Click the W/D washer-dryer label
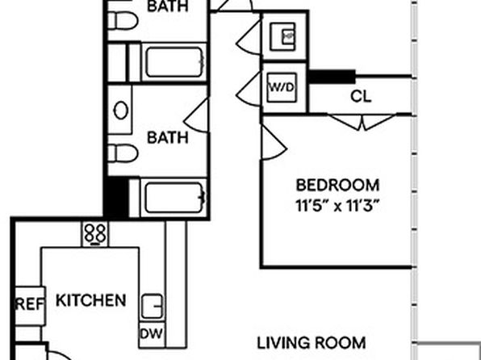pos(282,87)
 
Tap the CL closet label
pos(361,96)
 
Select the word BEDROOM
pos(337,185)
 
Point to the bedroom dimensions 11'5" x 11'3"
pos(336,206)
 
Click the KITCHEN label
pos(91,300)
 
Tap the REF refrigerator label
pos(30,304)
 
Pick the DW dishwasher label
pos(151,333)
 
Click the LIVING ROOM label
pos(311,343)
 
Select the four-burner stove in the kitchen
pos(95,234)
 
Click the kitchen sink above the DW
pos(152,306)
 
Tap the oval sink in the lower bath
pos(121,110)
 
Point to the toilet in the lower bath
pos(123,153)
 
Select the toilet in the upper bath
pos(123,20)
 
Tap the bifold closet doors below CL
pos(362,122)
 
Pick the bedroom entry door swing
pos(274,142)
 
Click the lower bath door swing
pos(196,115)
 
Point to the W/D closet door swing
pos(249,90)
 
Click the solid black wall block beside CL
pos(332,77)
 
